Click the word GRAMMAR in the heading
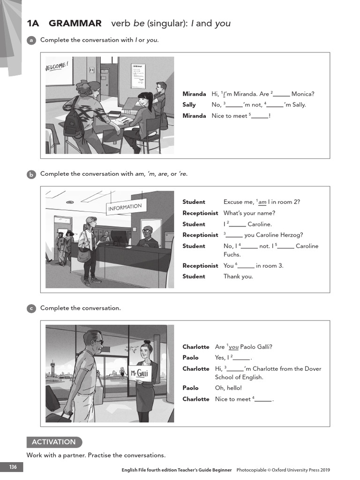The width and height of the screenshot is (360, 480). pyautogui.click(x=75, y=23)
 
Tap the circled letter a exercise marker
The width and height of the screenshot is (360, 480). pyautogui.click(x=31, y=40)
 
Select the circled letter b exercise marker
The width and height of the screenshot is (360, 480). pyautogui.click(x=31, y=174)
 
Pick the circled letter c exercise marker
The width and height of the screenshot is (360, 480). pyautogui.click(x=31, y=308)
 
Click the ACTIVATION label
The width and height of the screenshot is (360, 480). pyautogui.click(x=54, y=442)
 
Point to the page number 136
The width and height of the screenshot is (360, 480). pyautogui.click(x=12, y=467)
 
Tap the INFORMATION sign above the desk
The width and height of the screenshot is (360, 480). pyautogui.click(x=125, y=207)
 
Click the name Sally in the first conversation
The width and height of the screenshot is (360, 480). pyautogui.click(x=189, y=105)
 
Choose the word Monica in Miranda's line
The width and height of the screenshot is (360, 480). pyautogui.click(x=303, y=94)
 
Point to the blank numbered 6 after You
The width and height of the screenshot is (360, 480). pyautogui.click(x=246, y=266)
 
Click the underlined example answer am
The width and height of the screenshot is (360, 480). pyautogui.click(x=262, y=202)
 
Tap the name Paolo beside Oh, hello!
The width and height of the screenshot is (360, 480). pyautogui.click(x=190, y=388)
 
